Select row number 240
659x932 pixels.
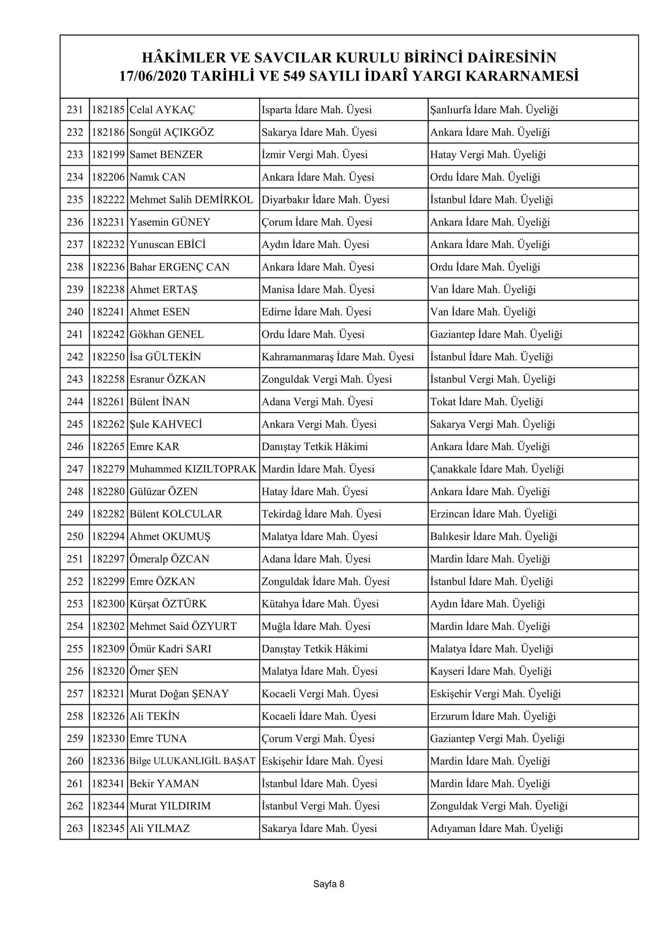pos(75,312)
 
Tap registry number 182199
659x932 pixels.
pos(108,155)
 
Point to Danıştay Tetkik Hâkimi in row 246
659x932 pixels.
pos(314,447)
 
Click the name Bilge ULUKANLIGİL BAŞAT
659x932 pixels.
pos(193,761)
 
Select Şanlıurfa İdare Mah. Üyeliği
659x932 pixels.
pos(494,110)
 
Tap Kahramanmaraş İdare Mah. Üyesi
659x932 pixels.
pos(338,357)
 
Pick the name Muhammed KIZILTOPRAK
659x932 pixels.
pos(193,469)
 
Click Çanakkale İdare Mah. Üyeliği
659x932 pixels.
pos(497,469)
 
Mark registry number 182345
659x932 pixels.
pos(108,829)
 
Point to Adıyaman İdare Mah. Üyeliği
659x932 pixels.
pos(496,829)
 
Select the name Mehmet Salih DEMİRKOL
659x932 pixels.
pos(191,200)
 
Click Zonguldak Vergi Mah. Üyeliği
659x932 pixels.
pos(498,806)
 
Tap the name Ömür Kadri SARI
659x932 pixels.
pos(170,649)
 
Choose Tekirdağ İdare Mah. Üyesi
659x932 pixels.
pos(321,514)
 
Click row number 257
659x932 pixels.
pos(75,694)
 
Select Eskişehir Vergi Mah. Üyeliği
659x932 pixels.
pos(495,694)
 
